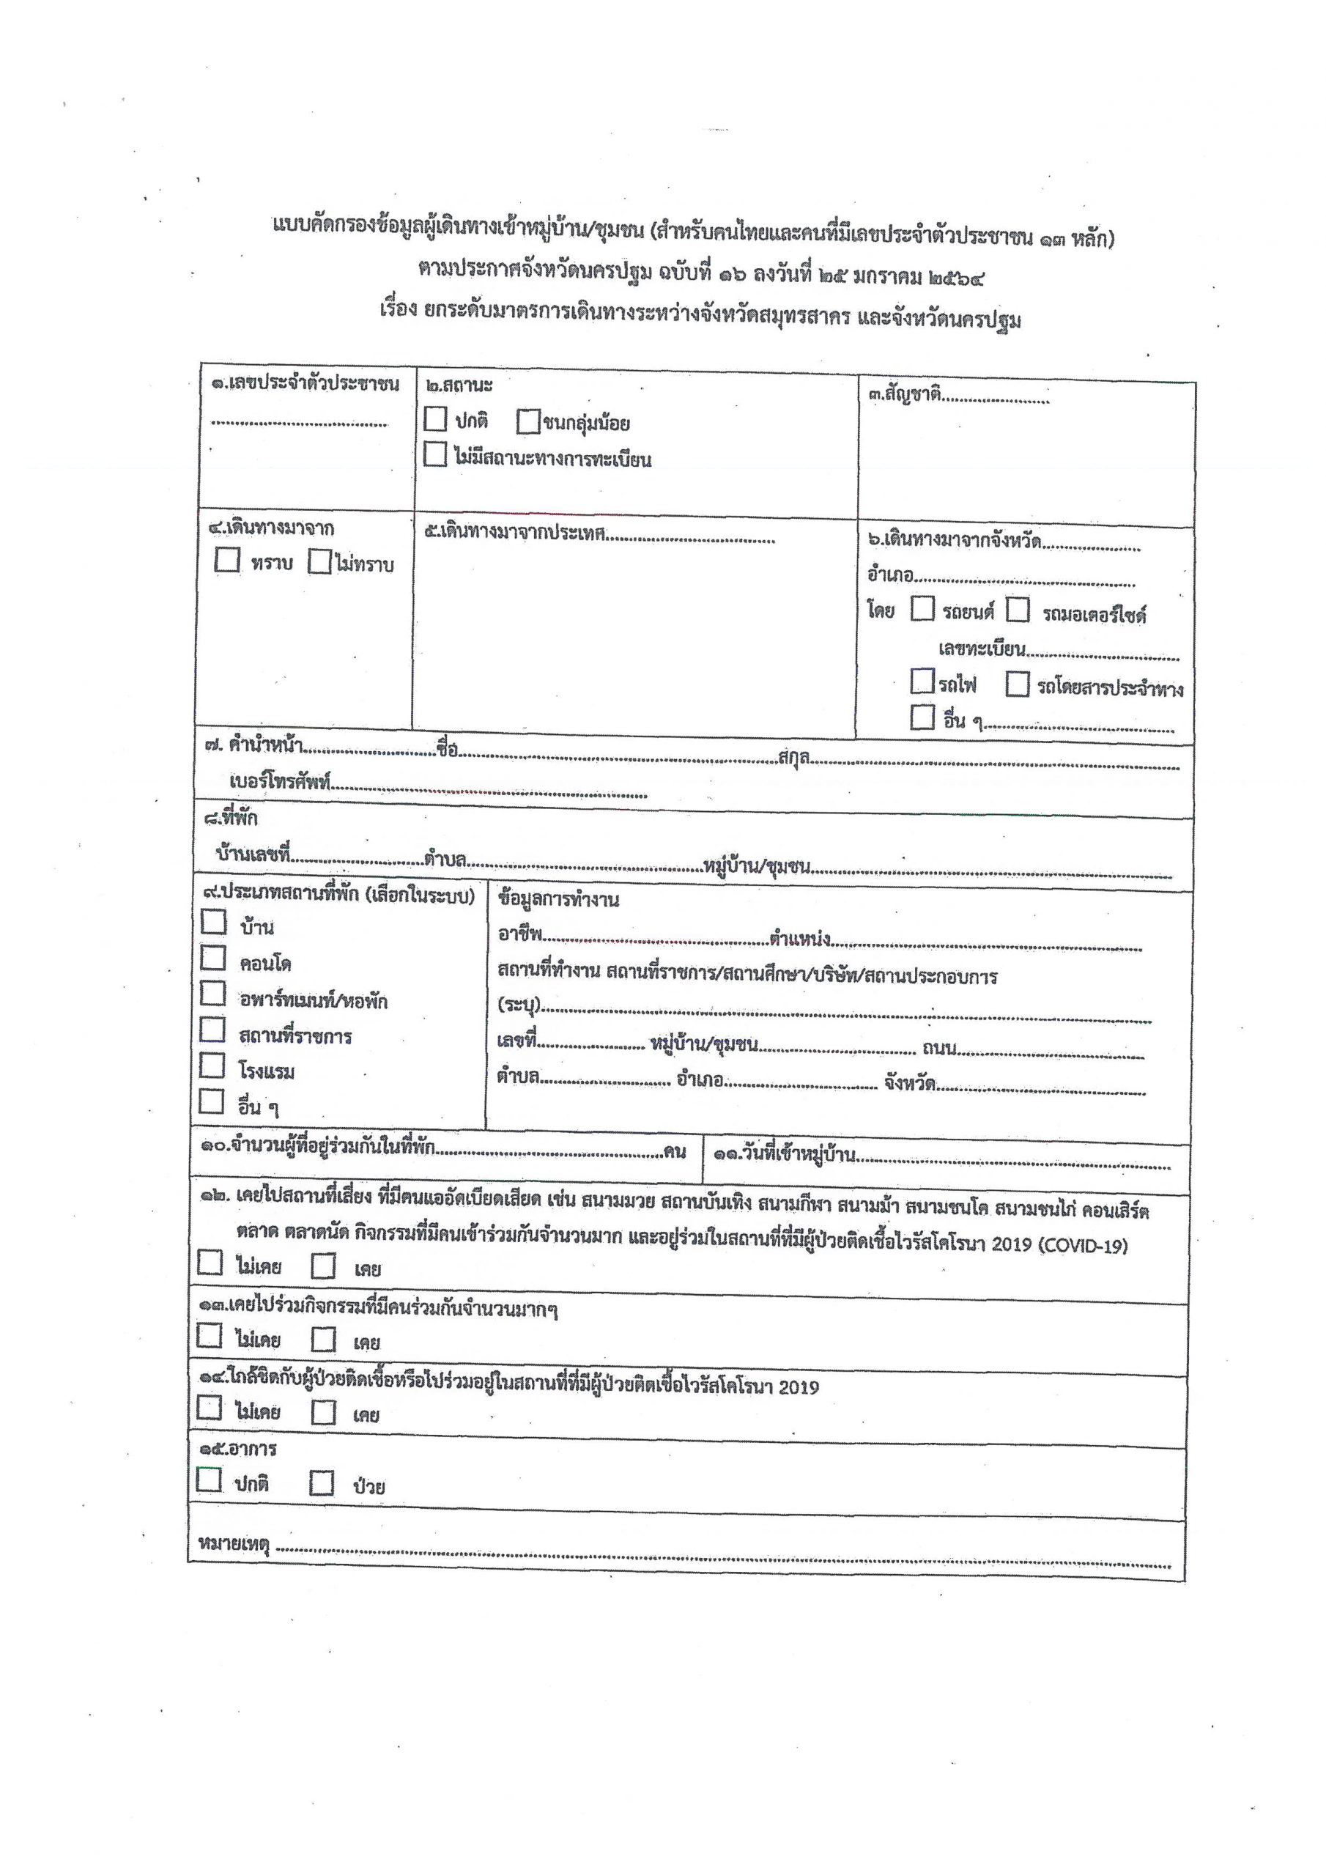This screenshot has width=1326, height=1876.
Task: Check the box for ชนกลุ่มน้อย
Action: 529,422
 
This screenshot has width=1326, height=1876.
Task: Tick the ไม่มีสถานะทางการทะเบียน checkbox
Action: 435,455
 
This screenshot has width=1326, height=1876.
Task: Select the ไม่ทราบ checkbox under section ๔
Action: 320,562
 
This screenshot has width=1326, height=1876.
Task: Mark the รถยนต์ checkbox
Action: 922,610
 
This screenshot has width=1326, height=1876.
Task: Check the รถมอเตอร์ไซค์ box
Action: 1018,610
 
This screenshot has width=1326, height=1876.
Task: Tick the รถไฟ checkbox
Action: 922,681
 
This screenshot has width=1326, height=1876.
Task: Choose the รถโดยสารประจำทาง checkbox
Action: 1017,684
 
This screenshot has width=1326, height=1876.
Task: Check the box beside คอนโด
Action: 213,958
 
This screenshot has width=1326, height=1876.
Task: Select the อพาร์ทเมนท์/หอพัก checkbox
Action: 213,994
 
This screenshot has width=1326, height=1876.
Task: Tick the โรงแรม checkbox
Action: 212,1066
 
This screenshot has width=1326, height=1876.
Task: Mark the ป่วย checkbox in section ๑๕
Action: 322,1483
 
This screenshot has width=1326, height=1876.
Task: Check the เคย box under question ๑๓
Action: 324,1340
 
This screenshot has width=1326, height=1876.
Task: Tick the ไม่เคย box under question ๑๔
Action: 210,1408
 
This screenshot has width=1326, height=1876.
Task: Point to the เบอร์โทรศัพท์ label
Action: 279,782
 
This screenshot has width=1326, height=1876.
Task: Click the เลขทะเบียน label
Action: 981,649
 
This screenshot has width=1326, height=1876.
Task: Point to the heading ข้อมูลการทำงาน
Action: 558,900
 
